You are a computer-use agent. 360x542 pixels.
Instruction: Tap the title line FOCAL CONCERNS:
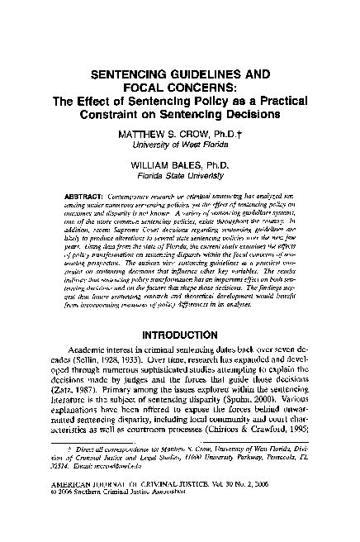tap(179, 87)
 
